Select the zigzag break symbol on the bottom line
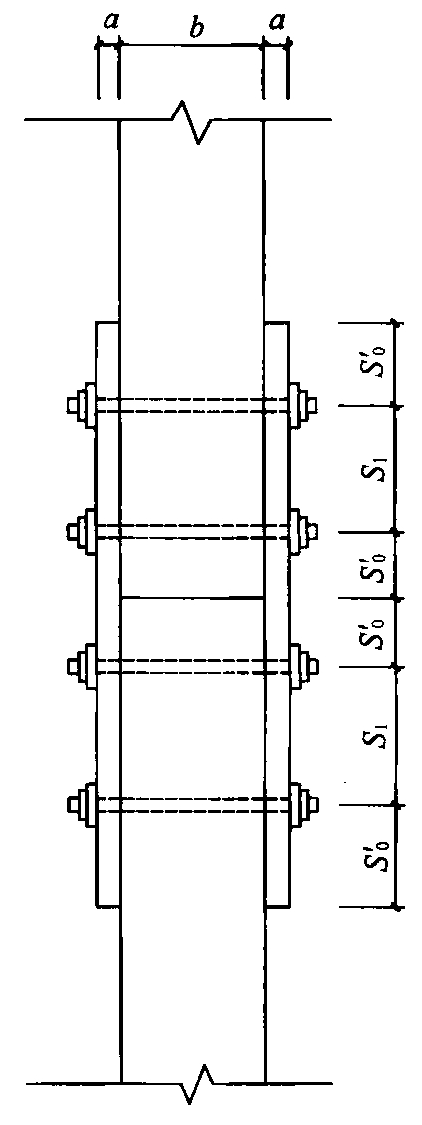pos(195,1082)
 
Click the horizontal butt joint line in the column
pos(192,597)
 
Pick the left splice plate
pos(106,614)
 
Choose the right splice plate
pos(277,614)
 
